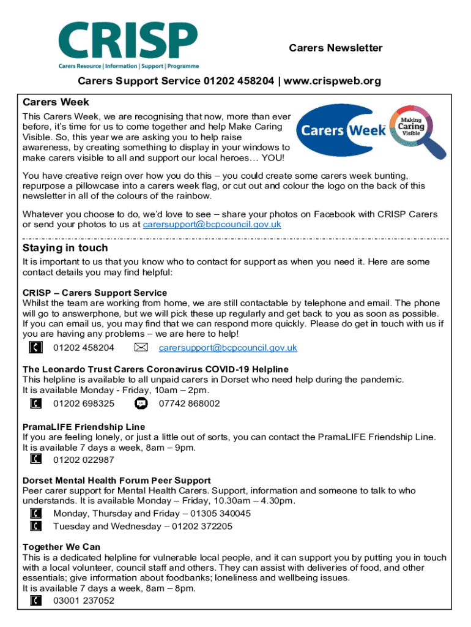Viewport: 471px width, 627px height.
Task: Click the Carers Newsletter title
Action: point(335,48)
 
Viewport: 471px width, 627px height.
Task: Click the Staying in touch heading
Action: point(65,248)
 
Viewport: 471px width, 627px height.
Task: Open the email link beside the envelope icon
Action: point(228,348)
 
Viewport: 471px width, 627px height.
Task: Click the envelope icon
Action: point(141,348)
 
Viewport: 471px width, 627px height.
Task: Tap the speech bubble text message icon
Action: point(141,404)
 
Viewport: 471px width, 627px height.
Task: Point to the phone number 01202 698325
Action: point(84,404)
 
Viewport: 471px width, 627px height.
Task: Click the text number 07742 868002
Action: point(189,404)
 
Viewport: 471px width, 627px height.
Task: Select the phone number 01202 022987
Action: point(84,459)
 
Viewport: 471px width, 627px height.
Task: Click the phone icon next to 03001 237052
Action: point(37,601)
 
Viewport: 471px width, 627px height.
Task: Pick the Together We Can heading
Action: point(61,547)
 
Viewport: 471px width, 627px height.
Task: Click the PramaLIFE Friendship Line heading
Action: point(84,426)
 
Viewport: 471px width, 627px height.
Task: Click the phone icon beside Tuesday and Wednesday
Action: point(37,526)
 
